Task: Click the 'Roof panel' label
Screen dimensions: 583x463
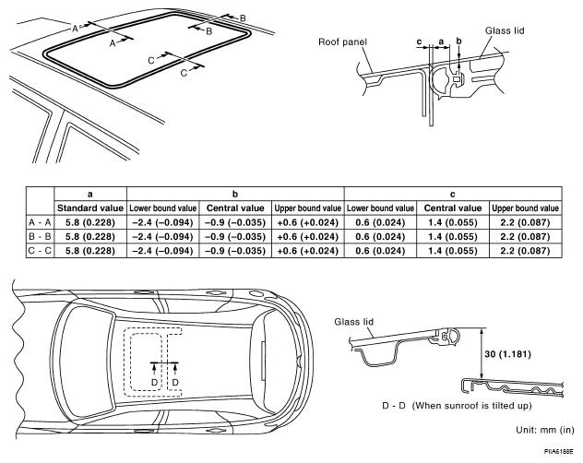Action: tap(342, 42)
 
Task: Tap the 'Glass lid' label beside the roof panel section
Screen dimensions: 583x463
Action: tap(505, 30)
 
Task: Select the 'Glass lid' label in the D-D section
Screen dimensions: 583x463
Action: tap(353, 322)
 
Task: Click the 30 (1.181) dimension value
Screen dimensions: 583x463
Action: tap(507, 354)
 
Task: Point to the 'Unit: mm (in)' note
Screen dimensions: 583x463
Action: tap(544, 430)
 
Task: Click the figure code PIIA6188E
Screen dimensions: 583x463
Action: tap(558, 452)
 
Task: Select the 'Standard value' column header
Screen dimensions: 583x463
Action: tap(90, 208)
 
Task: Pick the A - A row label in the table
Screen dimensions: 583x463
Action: tap(41, 222)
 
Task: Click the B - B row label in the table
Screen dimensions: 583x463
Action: tap(41, 236)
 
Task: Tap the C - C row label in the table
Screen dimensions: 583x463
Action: tap(41, 251)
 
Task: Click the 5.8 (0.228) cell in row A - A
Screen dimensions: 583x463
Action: tap(90, 222)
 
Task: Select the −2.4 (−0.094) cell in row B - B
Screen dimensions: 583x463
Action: tap(163, 236)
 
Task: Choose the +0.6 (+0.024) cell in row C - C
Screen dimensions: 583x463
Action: tap(308, 251)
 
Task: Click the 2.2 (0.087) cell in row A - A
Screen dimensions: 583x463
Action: tap(526, 222)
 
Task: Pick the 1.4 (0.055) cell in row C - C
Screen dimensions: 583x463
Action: tap(453, 251)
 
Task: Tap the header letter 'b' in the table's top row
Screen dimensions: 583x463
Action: tap(235, 194)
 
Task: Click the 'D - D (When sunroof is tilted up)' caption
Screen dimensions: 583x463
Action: tap(457, 406)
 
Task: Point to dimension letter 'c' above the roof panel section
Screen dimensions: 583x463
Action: tap(419, 42)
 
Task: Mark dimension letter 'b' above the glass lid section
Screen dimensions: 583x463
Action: tap(458, 41)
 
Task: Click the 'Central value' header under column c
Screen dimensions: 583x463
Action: tap(453, 208)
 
